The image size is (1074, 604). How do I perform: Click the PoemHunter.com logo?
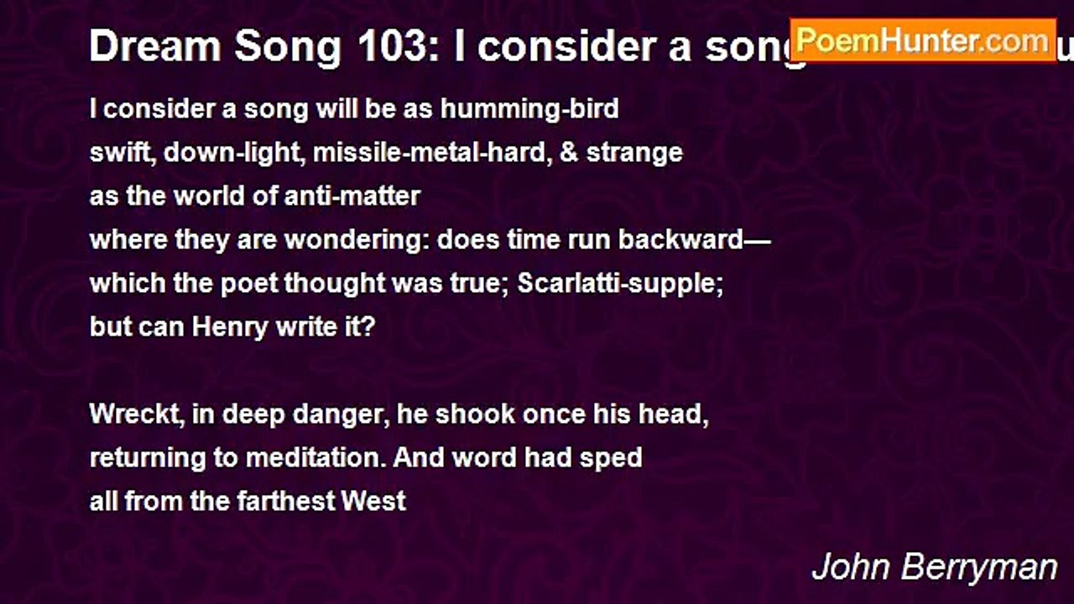point(923,39)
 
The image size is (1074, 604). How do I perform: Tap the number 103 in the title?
point(391,48)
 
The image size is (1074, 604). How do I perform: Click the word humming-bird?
point(530,109)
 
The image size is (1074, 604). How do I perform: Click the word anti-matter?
point(352,196)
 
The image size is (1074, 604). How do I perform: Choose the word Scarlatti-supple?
point(620,284)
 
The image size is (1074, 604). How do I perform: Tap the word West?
point(373,502)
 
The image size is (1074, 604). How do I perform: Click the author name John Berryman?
point(934,567)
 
